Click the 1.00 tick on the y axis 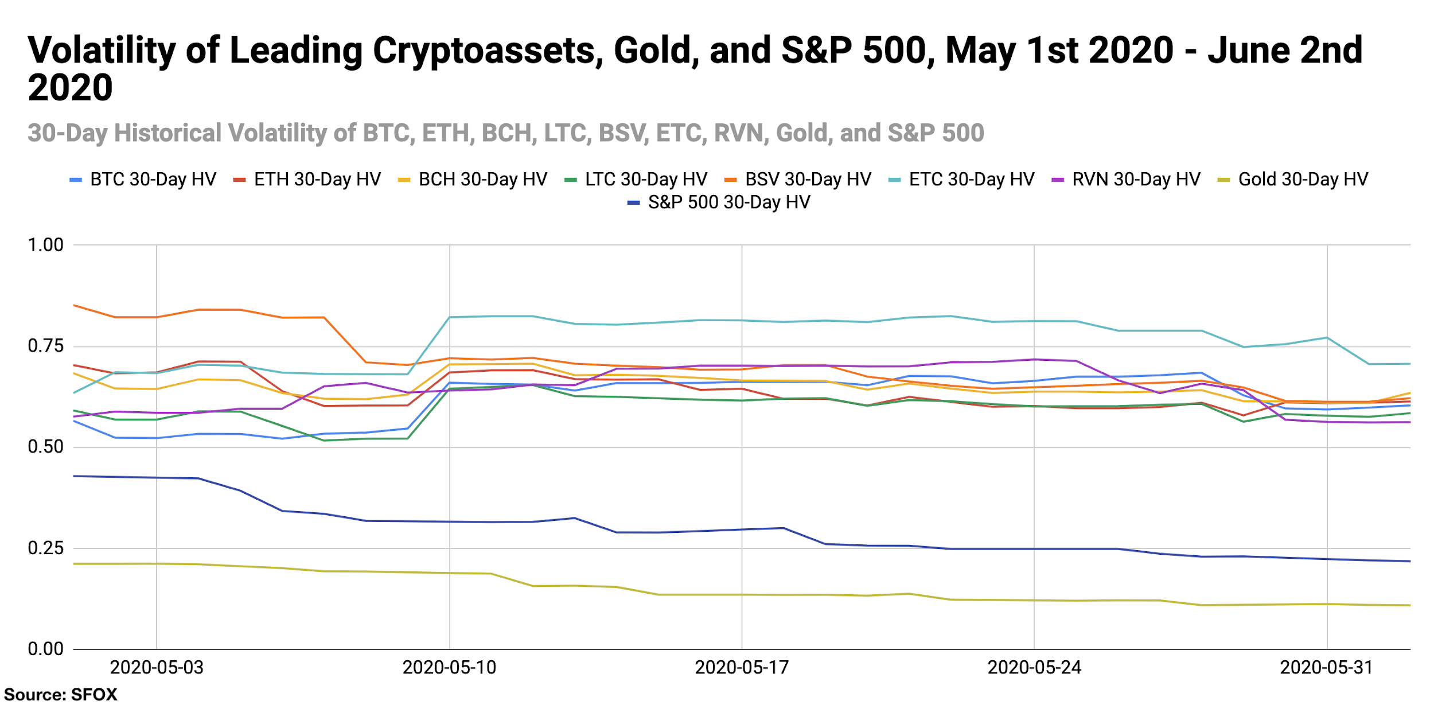point(45,246)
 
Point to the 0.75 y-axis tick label point(45,346)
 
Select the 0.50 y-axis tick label point(45,447)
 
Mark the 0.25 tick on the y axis point(45,548)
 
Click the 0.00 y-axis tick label point(45,649)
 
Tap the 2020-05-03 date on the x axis point(157,668)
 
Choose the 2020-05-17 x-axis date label point(742,668)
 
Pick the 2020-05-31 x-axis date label point(1327,668)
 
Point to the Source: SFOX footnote point(60,695)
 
